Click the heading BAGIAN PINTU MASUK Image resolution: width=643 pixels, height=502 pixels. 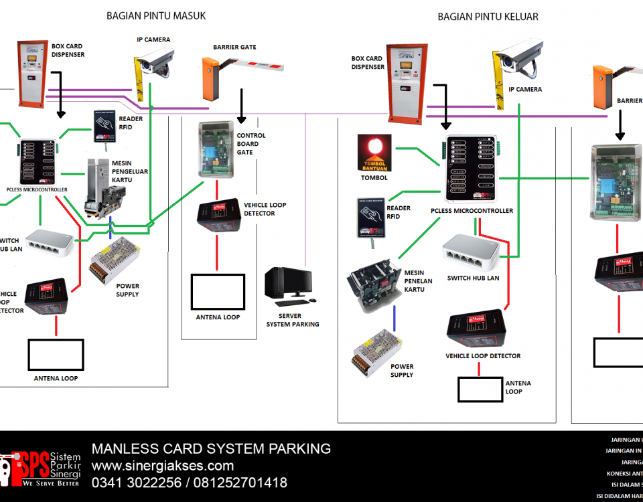pos(156,16)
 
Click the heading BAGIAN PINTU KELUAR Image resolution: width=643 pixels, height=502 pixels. pos(488,17)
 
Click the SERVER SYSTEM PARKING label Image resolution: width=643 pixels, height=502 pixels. pos(293,320)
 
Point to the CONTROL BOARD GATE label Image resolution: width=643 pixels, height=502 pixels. pos(251,144)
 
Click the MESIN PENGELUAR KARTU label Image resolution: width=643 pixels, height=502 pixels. pos(131,172)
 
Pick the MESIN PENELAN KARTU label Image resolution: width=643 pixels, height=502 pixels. pos(418,281)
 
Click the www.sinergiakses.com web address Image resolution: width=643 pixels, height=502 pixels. pos(163,466)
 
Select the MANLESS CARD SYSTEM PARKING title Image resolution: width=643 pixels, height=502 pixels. pos(211,448)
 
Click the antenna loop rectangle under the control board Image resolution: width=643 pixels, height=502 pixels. pos(218,290)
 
